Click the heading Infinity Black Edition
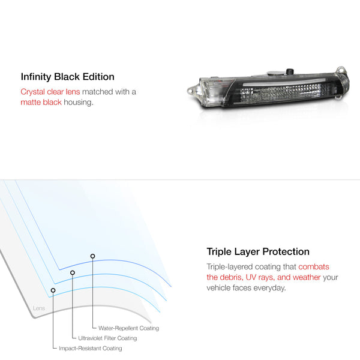(x=67, y=77)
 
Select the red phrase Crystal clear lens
(x=50, y=92)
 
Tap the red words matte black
(x=41, y=103)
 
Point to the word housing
(x=79, y=103)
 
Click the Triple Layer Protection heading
(x=258, y=252)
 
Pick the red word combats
(x=314, y=267)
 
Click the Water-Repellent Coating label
(x=128, y=328)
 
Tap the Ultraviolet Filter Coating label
(x=107, y=338)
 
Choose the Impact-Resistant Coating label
(x=91, y=348)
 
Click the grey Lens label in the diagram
(x=39, y=308)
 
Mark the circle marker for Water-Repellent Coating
(x=92, y=256)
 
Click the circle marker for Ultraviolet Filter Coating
(x=73, y=272)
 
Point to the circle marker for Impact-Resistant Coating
(x=53, y=290)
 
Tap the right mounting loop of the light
(x=341, y=70)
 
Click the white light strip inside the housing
(x=284, y=82)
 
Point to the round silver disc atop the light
(x=275, y=73)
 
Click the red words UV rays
(x=260, y=277)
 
